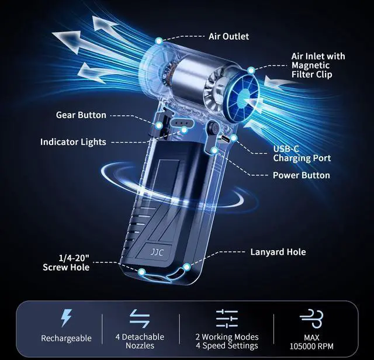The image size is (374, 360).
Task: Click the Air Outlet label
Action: (x=228, y=36)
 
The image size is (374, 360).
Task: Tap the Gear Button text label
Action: (x=81, y=115)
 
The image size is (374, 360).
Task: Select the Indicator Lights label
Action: (x=73, y=142)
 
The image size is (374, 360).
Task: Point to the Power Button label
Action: (x=302, y=175)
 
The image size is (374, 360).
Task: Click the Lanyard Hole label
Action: (x=278, y=252)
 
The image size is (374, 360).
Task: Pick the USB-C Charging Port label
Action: (x=302, y=153)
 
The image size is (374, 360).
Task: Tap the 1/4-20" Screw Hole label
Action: (x=66, y=262)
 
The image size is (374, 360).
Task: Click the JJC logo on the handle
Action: (x=157, y=252)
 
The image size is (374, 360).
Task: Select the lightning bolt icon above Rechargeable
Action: (x=66, y=318)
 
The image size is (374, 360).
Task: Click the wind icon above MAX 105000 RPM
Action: (x=311, y=319)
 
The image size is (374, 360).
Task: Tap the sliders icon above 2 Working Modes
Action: (x=227, y=319)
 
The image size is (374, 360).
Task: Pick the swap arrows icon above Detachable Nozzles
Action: (x=140, y=319)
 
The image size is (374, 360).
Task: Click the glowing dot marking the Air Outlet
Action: (x=159, y=41)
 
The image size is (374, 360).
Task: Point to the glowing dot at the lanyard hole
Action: (x=187, y=266)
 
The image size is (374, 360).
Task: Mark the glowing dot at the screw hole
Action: (x=142, y=272)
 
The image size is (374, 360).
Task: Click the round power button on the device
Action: (x=213, y=127)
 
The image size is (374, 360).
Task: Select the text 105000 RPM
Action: (x=311, y=346)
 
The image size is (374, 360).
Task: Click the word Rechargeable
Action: (x=66, y=338)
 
